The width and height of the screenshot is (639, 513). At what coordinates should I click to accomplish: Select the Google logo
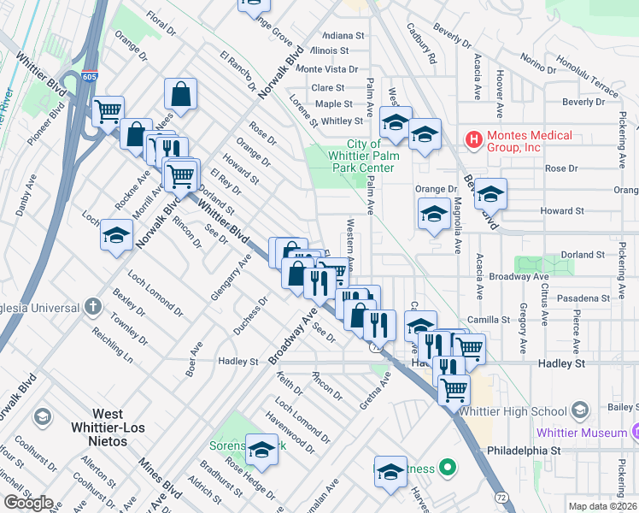(x=28, y=503)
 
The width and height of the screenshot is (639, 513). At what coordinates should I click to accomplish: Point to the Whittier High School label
(x=513, y=411)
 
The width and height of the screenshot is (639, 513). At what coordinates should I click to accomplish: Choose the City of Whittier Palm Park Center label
(x=359, y=156)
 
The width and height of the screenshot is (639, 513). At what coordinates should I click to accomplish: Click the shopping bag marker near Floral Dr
(x=180, y=93)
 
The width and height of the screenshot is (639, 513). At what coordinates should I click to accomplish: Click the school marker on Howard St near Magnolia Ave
(x=434, y=214)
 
